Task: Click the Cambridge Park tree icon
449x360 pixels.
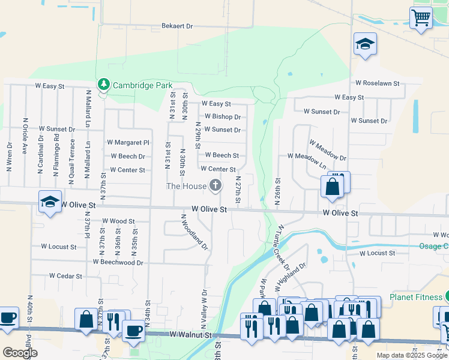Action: coord(103,84)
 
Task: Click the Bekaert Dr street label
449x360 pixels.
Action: coord(176,26)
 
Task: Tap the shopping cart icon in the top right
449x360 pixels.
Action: coord(421,18)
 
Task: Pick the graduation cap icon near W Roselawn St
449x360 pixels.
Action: coord(365,44)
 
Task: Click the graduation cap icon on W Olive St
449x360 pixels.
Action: coord(50,202)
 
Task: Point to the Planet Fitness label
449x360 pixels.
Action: coord(414,296)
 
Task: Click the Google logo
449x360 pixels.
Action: coord(20,353)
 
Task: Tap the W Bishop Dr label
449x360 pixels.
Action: coord(222,116)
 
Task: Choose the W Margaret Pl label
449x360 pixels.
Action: coord(128,143)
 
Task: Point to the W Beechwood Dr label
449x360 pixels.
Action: coord(118,262)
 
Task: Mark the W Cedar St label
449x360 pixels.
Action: coord(65,276)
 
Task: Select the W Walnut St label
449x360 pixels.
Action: coord(191,334)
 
